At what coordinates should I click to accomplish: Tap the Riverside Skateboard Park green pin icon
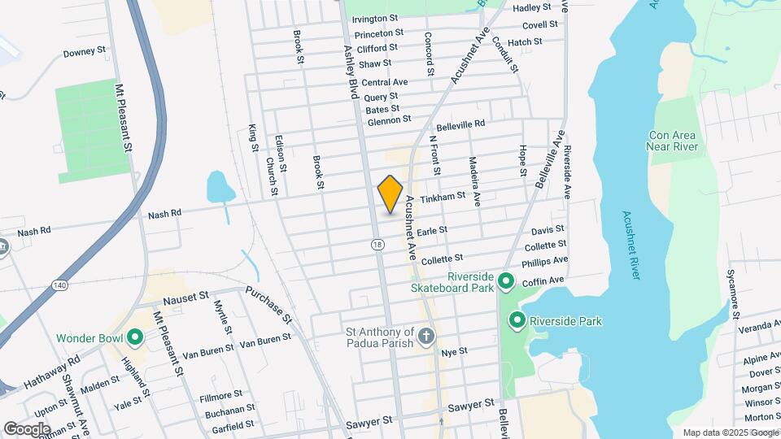pyautogui.click(x=506, y=281)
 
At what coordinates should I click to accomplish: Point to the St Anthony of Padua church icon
pyautogui.click(x=425, y=335)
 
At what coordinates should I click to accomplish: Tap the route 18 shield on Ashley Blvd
pyautogui.click(x=377, y=244)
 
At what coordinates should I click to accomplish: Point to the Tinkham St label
pyautogui.click(x=443, y=196)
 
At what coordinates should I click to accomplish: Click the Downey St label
pyautogui.click(x=85, y=52)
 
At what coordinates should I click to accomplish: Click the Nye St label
pyautogui.click(x=454, y=351)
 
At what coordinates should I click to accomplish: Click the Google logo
pyautogui.click(x=27, y=428)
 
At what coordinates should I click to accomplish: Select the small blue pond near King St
pyautogui.click(x=220, y=186)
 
